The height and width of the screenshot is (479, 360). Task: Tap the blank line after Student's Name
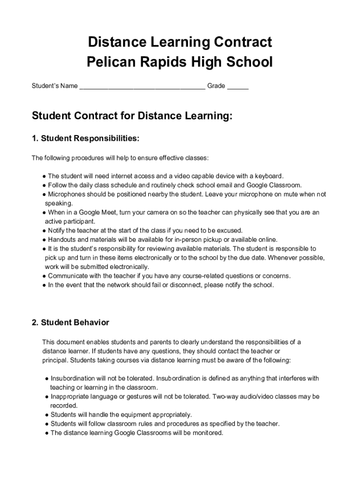click(142, 87)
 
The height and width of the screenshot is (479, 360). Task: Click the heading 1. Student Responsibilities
click(86, 138)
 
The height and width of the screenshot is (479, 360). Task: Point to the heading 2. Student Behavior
click(71, 323)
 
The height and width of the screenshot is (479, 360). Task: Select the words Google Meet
click(97, 212)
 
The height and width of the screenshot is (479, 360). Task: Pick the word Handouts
click(62, 239)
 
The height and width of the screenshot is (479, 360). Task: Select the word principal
click(55, 360)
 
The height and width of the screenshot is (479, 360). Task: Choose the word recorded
click(64, 406)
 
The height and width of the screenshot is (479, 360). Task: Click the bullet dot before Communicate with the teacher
click(43, 276)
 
